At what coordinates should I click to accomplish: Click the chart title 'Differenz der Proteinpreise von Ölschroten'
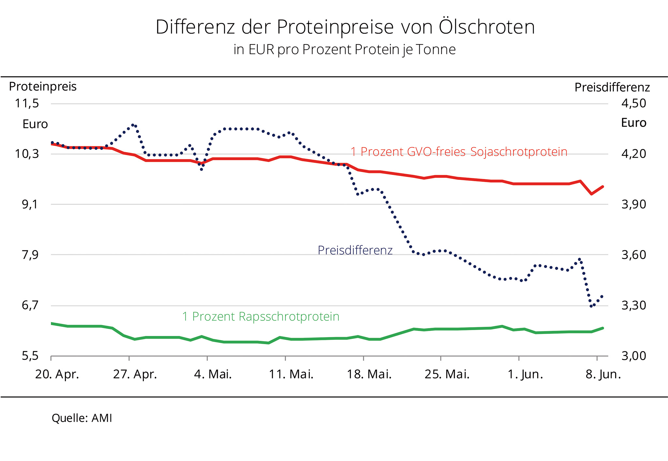345,27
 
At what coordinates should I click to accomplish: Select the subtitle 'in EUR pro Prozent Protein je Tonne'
344,50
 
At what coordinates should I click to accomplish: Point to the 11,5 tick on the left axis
31,103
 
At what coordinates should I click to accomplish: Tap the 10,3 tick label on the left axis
31,154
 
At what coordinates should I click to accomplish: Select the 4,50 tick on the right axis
633,103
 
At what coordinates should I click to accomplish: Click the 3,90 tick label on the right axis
633,204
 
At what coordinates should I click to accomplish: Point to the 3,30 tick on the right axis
633,306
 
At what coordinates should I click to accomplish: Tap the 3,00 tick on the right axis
633,356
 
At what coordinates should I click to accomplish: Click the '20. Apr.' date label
57,374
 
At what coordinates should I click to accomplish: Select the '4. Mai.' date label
213,374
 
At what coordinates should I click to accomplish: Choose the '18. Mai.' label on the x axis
369,374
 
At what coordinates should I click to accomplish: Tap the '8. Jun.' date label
603,374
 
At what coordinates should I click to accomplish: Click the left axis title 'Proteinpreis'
43,87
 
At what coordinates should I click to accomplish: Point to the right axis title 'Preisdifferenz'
612,87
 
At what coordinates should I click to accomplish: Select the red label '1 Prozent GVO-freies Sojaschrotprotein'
459,152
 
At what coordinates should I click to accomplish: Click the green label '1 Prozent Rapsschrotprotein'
261,316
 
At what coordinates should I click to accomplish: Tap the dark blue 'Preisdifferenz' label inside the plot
355,250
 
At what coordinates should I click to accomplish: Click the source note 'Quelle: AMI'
82,418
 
